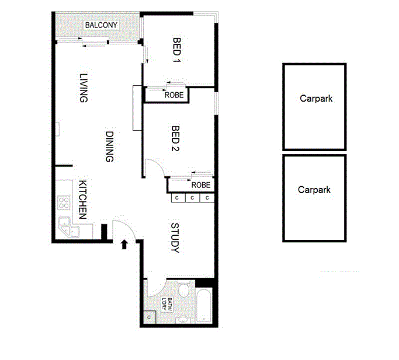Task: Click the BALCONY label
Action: tap(102, 25)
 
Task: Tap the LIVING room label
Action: tap(83, 88)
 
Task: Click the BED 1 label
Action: tap(176, 50)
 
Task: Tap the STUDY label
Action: tap(175, 237)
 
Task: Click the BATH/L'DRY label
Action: tap(166, 304)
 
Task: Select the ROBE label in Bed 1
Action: tap(174, 95)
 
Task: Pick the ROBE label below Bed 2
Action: tap(201, 185)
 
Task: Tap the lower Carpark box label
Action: tap(314, 190)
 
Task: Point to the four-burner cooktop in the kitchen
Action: tap(64, 204)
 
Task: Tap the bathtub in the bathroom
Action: tap(204, 305)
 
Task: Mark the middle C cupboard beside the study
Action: tap(192, 198)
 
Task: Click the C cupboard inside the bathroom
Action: tap(150, 317)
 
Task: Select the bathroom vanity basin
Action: tap(183, 319)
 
